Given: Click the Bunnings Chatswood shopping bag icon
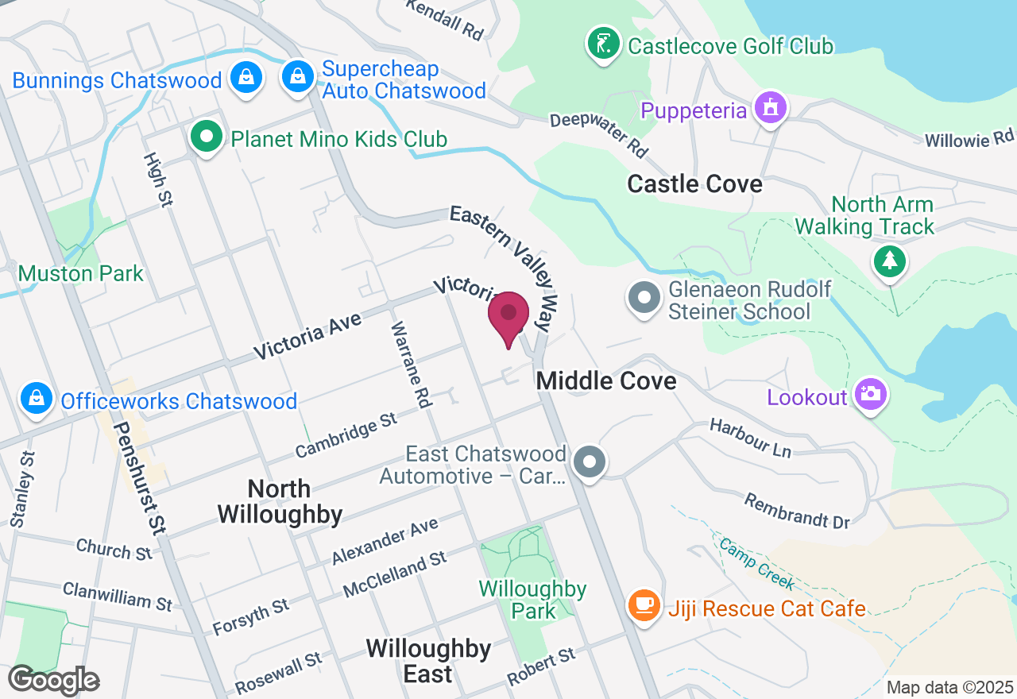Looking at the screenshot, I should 246,78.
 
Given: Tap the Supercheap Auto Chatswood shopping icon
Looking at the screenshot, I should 297,77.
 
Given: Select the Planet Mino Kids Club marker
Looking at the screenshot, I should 207,137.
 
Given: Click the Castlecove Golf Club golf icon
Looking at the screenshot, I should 604,43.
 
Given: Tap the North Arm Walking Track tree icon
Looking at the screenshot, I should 889,261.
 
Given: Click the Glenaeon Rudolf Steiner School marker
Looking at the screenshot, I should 644,299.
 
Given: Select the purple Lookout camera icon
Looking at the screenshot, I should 870,393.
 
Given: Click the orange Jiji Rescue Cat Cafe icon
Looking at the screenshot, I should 644,606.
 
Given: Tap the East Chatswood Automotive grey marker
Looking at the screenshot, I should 590,461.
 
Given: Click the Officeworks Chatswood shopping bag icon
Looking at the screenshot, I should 36,399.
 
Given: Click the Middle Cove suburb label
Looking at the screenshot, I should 606,381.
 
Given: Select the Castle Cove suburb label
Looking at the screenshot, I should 694,184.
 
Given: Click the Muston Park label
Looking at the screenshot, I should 81,274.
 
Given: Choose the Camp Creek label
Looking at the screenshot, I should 756,563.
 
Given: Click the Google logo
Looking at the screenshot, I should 54,680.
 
